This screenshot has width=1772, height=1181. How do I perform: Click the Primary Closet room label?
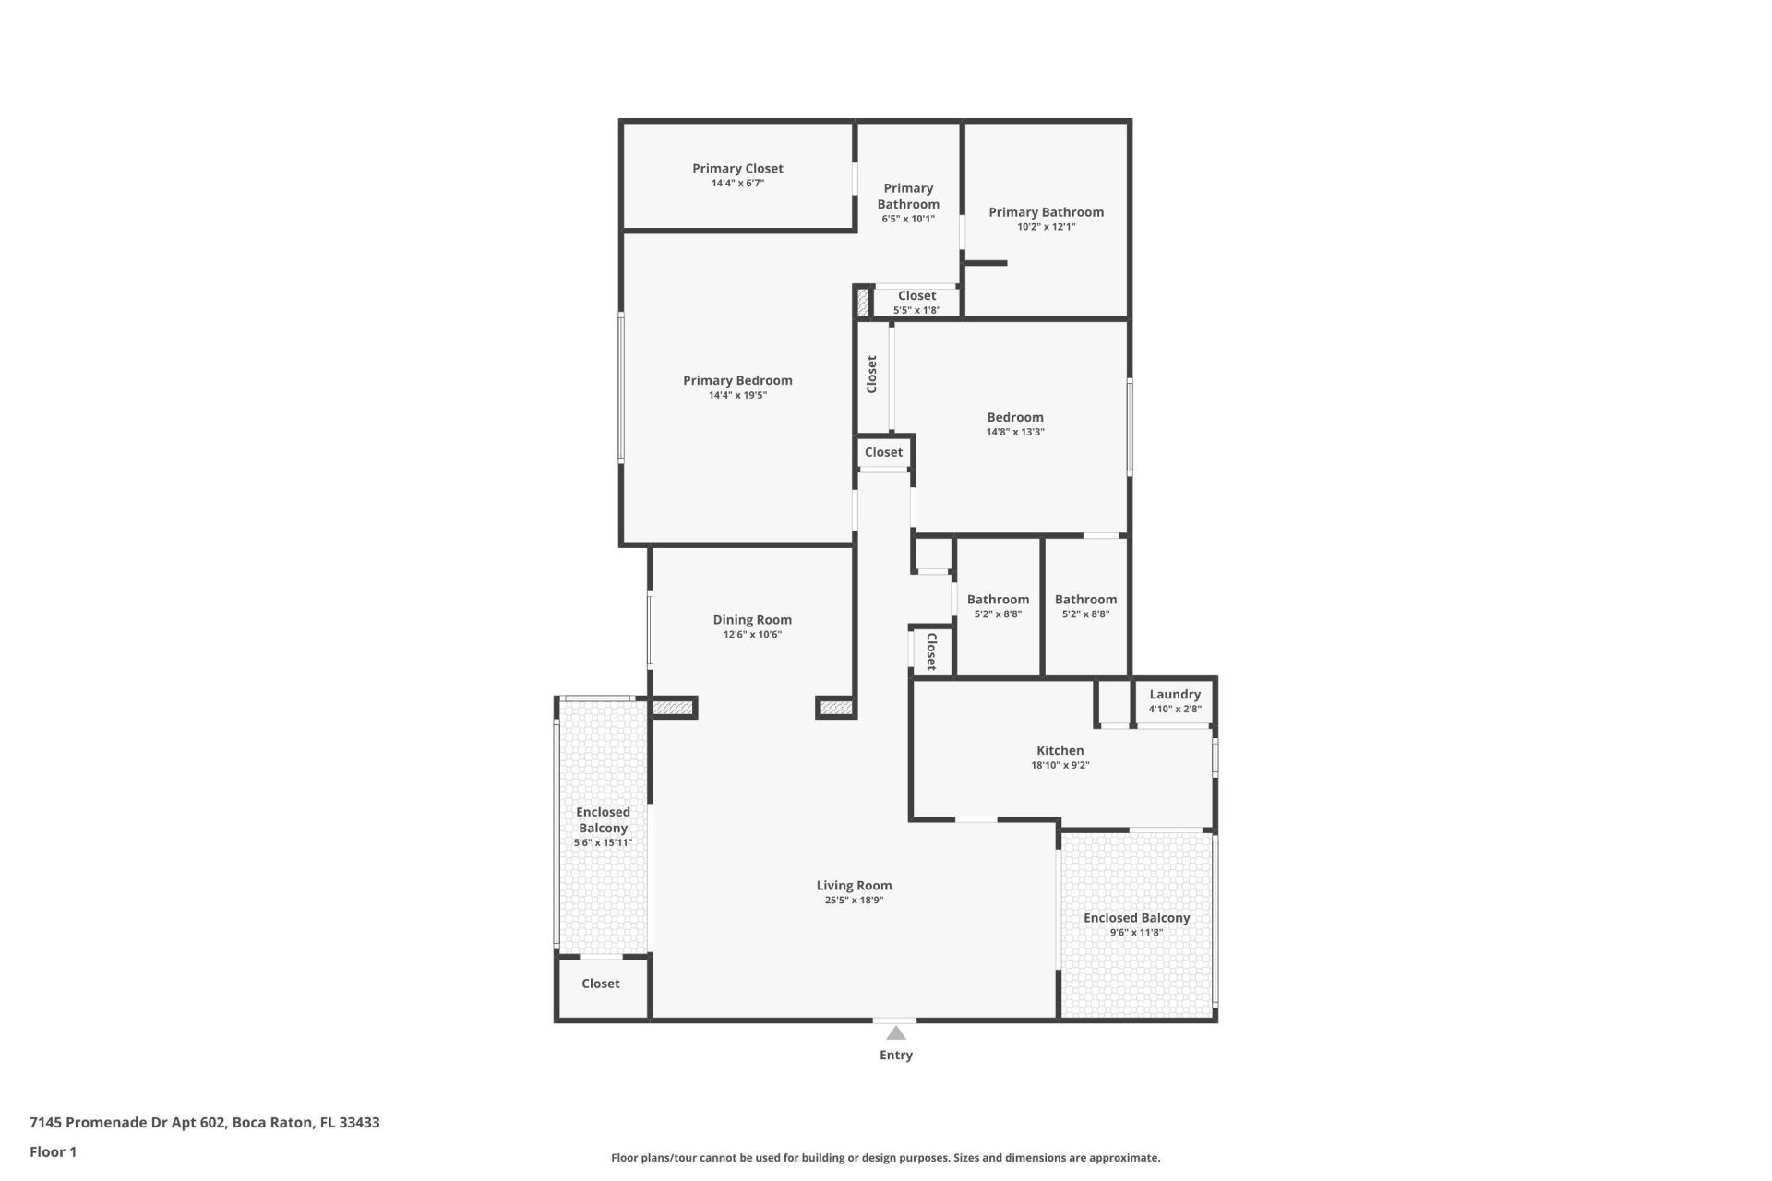(x=737, y=169)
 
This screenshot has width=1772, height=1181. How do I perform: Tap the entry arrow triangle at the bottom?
(x=895, y=1033)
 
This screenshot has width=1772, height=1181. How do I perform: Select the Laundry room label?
(x=1174, y=695)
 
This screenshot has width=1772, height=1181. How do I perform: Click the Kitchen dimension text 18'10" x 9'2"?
(x=1060, y=765)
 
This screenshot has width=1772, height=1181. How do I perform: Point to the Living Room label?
(x=854, y=886)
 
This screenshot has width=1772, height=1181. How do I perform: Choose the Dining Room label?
(x=751, y=620)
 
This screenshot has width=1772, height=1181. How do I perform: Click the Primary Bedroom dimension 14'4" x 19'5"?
(x=737, y=395)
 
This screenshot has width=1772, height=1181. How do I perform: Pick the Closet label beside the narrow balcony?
(x=600, y=984)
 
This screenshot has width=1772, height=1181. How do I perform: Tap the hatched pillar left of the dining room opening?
(x=672, y=708)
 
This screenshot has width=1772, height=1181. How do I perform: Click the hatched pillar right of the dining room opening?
(x=836, y=708)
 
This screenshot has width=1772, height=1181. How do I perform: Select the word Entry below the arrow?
(x=895, y=1056)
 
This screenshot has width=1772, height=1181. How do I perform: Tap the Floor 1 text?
(x=53, y=1151)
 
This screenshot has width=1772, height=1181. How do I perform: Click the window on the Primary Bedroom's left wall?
(x=621, y=387)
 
